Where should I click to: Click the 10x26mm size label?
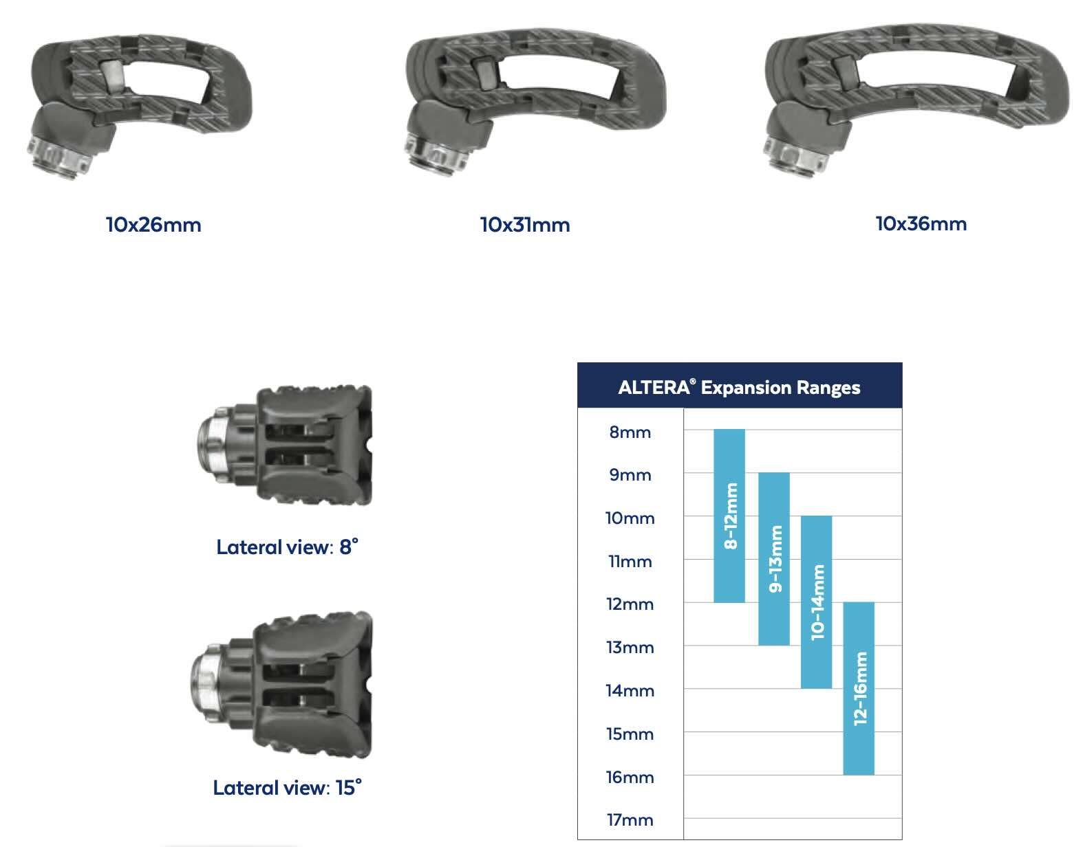(x=153, y=225)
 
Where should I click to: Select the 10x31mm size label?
(x=525, y=225)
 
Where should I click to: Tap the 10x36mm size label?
(x=921, y=224)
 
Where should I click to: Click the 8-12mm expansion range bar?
(x=729, y=516)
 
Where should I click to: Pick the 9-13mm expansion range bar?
(x=773, y=559)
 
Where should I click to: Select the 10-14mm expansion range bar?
(x=816, y=602)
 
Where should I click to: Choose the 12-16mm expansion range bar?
(x=858, y=689)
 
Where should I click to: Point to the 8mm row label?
(x=630, y=432)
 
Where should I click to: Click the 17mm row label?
(x=630, y=820)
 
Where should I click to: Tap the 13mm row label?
(x=630, y=648)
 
